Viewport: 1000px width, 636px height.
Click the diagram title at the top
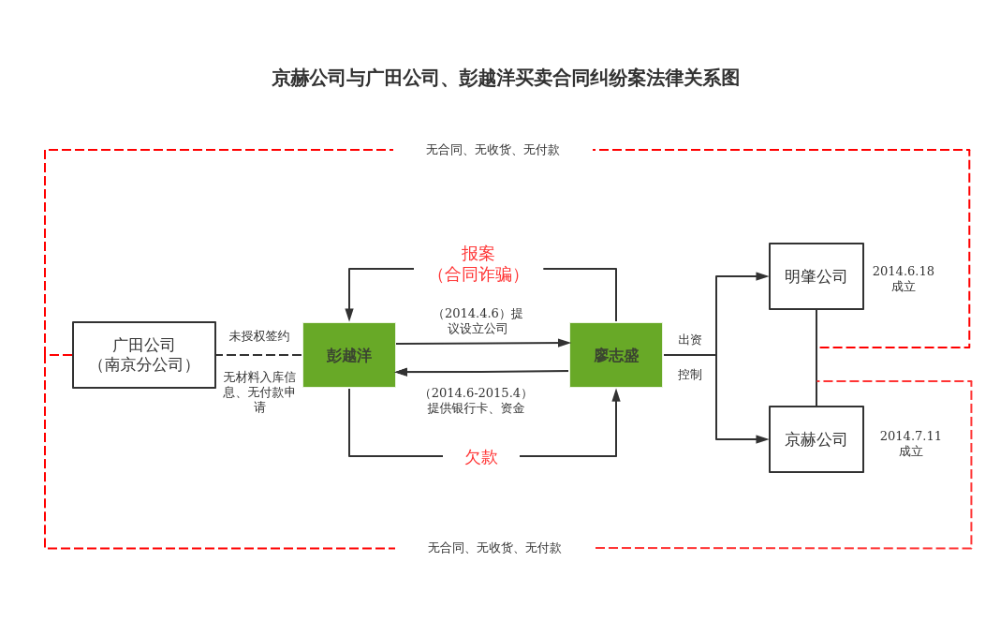pyautogui.click(x=505, y=78)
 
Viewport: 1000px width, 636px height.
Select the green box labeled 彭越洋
pyautogui.click(x=348, y=355)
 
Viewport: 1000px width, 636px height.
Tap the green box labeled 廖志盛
pyautogui.click(x=615, y=355)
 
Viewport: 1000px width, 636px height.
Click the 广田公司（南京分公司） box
pyautogui.click(x=144, y=355)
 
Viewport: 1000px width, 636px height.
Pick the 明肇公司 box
pyautogui.click(x=816, y=276)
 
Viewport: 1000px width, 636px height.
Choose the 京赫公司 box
pyautogui.click(x=816, y=439)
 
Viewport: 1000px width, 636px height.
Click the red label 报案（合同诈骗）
pyautogui.click(x=478, y=264)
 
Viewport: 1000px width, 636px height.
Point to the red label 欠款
pyautogui.click(x=481, y=457)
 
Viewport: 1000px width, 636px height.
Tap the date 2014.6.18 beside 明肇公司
pyautogui.click(x=903, y=271)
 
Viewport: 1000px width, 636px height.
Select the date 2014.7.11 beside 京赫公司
pyautogui.click(x=910, y=436)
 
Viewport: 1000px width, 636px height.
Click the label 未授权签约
pyautogui.click(x=259, y=336)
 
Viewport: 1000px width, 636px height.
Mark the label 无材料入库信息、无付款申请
pyautogui.click(x=259, y=392)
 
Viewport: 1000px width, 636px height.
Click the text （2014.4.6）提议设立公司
pyautogui.click(x=478, y=320)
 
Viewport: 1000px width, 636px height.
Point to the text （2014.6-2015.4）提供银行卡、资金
pyautogui.click(x=476, y=400)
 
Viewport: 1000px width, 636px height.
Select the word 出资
pyautogui.click(x=690, y=340)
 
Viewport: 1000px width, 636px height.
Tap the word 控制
pyautogui.click(x=690, y=375)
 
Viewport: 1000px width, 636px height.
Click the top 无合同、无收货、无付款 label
pyautogui.click(x=493, y=150)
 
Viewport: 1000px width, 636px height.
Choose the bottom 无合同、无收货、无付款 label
pyautogui.click(x=494, y=548)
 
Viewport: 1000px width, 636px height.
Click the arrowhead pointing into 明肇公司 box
pyautogui.click(x=762, y=276)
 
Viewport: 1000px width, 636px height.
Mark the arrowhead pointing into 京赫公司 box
pyautogui.click(x=762, y=439)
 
